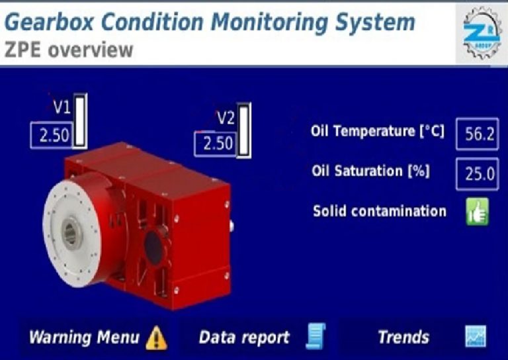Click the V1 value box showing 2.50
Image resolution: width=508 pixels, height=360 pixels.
pyautogui.click(x=53, y=136)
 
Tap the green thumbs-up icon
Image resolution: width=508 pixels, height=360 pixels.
pyautogui.click(x=477, y=213)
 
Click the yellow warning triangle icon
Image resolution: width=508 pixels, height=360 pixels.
pyautogui.click(x=157, y=337)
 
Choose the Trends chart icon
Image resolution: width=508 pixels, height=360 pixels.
pyautogui.click(x=475, y=337)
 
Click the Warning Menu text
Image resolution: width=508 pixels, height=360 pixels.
pyautogui.click(x=83, y=337)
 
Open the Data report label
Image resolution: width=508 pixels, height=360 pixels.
pyautogui.click(x=244, y=337)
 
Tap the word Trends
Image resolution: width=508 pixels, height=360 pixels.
pyautogui.click(x=403, y=337)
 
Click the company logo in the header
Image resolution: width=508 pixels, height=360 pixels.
pyautogui.click(x=480, y=32)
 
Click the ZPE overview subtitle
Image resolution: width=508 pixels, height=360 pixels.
pyautogui.click(x=69, y=50)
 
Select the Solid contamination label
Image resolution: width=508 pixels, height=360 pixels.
pyautogui.click(x=379, y=211)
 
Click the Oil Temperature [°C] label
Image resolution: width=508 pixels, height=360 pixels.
pyautogui.click(x=378, y=131)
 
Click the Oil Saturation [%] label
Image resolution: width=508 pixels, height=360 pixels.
pyautogui.click(x=370, y=171)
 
